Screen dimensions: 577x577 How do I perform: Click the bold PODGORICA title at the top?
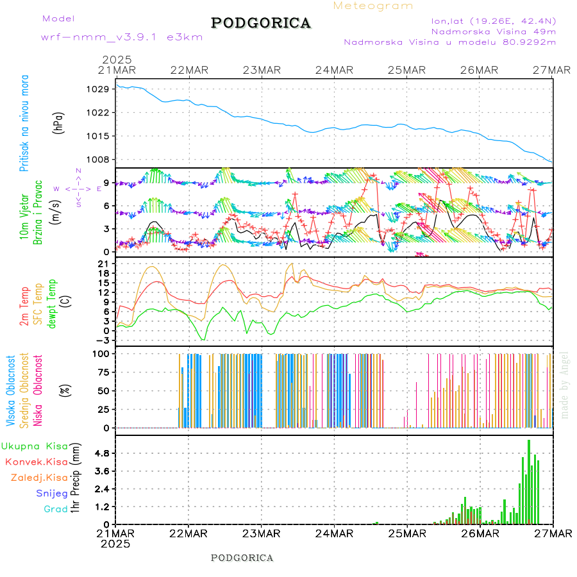[261, 23]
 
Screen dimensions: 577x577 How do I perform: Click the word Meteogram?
[373, 6]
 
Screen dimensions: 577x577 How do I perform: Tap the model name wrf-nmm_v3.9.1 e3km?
[121, 37]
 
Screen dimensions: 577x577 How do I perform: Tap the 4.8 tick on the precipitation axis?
[102, 453]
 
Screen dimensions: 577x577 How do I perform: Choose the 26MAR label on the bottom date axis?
[480, 533]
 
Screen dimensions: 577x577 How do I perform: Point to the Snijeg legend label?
[52, 493]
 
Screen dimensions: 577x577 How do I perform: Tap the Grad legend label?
[56, 509]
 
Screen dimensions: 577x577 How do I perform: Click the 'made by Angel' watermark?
[565, 385]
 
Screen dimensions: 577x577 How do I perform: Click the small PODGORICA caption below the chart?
[242, 558]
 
